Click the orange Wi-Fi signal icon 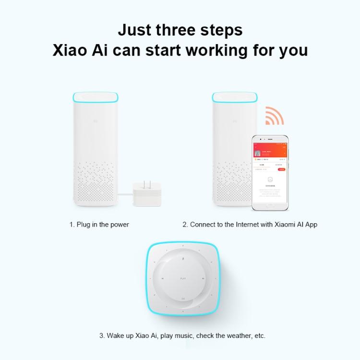(274, 116)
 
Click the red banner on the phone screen (270, 149)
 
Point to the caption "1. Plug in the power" (99, 224)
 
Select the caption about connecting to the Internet (250, 224)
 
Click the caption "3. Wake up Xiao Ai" (182, 336)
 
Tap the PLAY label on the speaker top (182, 278)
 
